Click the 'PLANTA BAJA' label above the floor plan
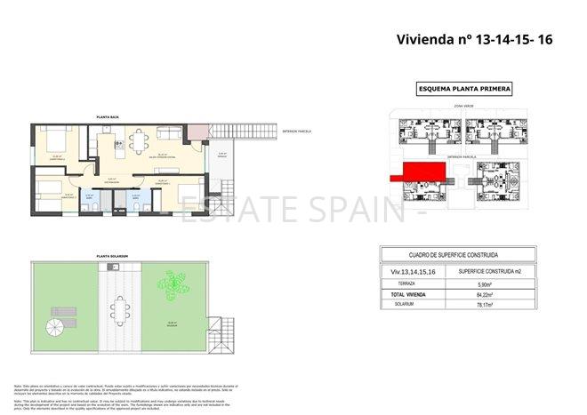pos(109,117)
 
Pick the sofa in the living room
pos(169,132)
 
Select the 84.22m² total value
pos(510,294)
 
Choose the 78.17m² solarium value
pos(510,305)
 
